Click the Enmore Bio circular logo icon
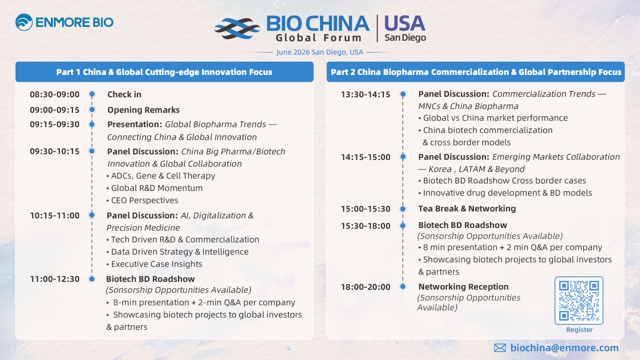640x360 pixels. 24,22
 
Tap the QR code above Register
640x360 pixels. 579,300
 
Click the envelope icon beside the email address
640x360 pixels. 500,348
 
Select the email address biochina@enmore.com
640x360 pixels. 564,348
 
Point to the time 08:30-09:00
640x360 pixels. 54,95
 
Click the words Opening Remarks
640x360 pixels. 144,110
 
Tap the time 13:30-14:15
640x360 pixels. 365,95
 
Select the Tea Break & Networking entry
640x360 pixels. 467,209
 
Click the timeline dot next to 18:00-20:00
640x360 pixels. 403,286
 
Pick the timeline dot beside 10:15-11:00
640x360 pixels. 92,215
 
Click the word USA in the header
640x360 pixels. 405,23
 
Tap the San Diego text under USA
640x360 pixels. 405,37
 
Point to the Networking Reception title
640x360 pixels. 463,286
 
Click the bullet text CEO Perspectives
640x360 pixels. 142,201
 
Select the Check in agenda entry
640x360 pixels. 124,95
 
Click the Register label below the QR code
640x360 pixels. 579,330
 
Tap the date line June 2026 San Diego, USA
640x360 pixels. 320,52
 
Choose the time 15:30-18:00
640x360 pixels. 365,226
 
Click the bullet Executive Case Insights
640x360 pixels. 155,264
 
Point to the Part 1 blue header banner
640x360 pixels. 164,72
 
